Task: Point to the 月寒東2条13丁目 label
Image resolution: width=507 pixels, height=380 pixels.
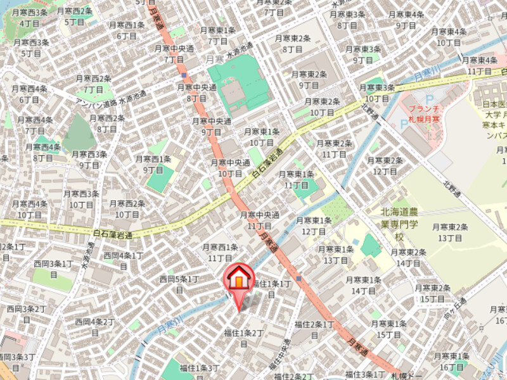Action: [450, 232]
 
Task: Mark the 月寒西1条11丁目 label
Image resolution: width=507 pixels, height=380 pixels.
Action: [220, 253]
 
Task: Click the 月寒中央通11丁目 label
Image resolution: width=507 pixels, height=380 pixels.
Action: [259, 220]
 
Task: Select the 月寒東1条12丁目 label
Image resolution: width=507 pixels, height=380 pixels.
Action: [314, 226]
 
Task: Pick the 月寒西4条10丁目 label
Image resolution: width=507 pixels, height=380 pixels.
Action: [30, 209]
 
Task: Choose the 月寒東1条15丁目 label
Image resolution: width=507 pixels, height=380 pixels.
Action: [388, 329]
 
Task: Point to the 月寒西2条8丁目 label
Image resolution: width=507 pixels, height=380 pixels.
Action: [107, 123]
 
